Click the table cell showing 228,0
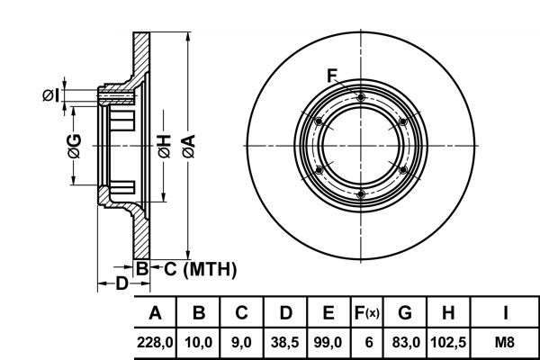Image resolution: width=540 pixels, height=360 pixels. tap(155, 342)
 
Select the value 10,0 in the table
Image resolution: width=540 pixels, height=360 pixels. tap(198, 342)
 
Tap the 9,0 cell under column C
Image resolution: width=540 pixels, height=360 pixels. tap(241, 342)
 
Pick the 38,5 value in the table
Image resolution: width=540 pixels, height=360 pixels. tap(284, 342)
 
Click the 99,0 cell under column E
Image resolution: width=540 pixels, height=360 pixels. tap(328, 342)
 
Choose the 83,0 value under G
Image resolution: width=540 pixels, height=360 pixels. tap(406, 342)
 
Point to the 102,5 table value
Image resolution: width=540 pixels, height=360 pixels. tap(448, 342)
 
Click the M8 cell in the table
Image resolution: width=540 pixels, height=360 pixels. tap(505, 342)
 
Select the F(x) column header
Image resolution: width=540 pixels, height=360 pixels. tap(367, 313)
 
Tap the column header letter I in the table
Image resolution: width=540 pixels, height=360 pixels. tap(505, 313)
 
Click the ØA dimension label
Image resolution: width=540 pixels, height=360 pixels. tap(189, 147)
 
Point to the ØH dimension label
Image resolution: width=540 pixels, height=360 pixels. tap(165, 147)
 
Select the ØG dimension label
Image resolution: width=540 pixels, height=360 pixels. tap(75, 147)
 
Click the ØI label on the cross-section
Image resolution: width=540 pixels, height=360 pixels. tap(51, 95)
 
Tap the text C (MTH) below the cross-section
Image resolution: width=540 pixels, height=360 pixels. tap(201, 269)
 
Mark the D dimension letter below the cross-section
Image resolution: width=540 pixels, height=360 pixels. tap(121, 283)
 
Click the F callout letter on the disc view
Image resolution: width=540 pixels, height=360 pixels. tap(332, 76)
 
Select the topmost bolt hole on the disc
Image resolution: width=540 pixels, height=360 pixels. tap(361, 97)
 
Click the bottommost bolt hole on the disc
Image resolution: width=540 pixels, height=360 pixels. tap(361, 194)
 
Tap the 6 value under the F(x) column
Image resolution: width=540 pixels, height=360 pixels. tap(368, 342)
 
